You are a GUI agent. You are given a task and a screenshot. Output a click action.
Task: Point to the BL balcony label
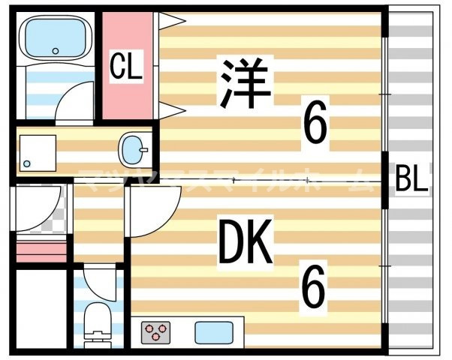click(x=411, y=181)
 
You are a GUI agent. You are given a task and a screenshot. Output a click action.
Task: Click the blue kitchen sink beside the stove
click(x=214, y=331)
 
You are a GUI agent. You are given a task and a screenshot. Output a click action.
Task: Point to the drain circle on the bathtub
click(x=55, y=51)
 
